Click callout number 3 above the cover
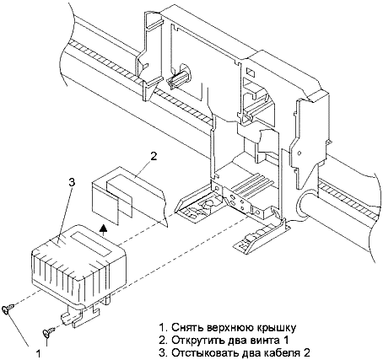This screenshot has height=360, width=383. pyautogui.click(x=72, y=182)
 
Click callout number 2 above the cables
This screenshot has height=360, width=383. pyautogui.click(x=154, y=157)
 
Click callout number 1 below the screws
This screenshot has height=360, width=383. pyautogui.click(x=39, y=352)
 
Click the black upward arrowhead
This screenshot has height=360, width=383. pyautogui.click(x=104, y=228)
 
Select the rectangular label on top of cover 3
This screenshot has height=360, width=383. pyautogui.click(x=90, y=244)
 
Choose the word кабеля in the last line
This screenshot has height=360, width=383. pyautogui.click(x=284, y=352)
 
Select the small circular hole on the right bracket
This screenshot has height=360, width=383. pyautogui.click(x=299, y=153)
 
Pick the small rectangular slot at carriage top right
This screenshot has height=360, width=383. pyautogui.click(x=251, y=73)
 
